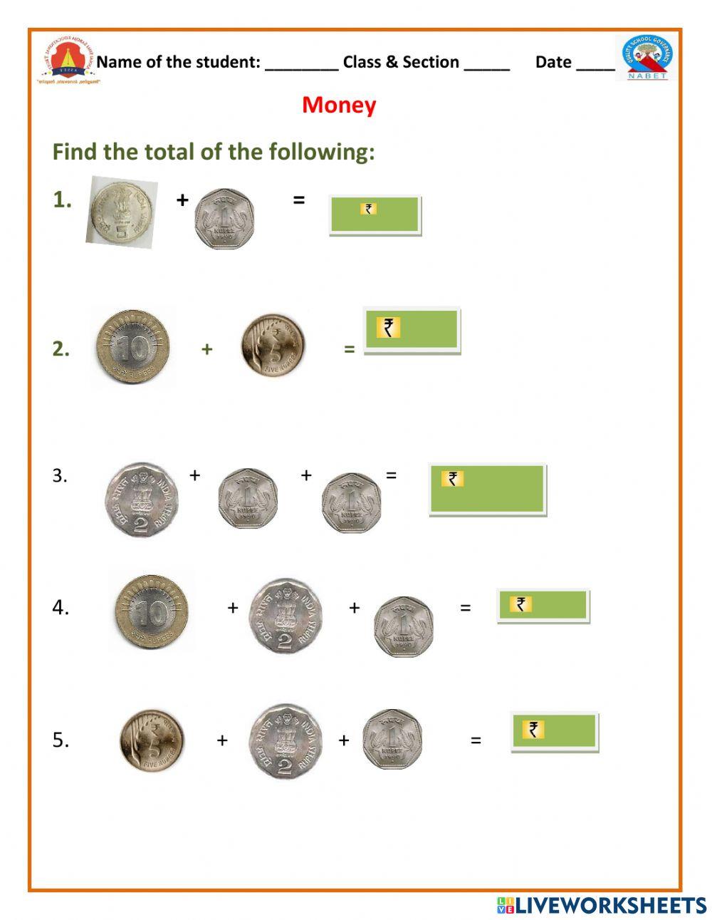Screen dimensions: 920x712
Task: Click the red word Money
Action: coord(339,105)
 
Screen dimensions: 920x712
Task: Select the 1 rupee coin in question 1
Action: coord(224,217)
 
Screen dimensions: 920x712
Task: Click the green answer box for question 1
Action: coord(375,215)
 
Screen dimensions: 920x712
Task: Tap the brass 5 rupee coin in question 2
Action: coord(273,345)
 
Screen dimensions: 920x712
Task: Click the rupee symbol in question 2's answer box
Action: coord(388,327)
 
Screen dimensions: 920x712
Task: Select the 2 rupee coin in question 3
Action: coord(142,499)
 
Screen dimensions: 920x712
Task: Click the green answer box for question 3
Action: coord(487,489)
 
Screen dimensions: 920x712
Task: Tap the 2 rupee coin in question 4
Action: coord(285,616)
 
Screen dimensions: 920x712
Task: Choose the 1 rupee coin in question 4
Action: coord(404,626)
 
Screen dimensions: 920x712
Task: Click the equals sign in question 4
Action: coord(465,608)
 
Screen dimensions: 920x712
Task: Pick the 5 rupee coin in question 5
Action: coord(151,740)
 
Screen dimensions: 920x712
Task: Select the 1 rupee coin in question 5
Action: coord(392,739)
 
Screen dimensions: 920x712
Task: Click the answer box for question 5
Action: coord(555,731)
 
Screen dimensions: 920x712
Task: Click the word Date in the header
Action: coord(553,62)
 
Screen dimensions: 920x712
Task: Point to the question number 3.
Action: coord(60,475)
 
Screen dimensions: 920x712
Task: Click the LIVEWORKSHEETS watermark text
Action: coord(610,905)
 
